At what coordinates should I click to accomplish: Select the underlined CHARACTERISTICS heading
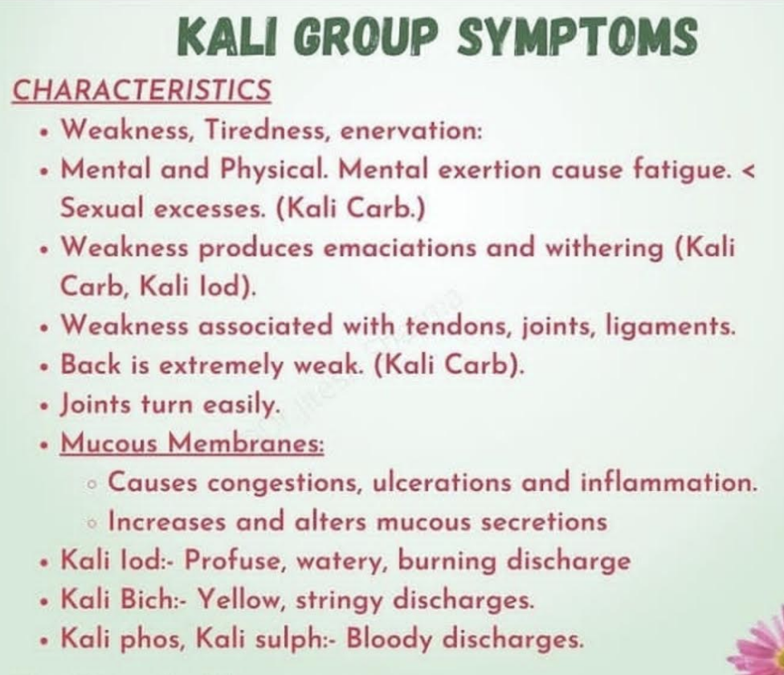[141, 89]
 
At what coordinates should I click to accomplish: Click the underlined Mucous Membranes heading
[192, 444]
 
